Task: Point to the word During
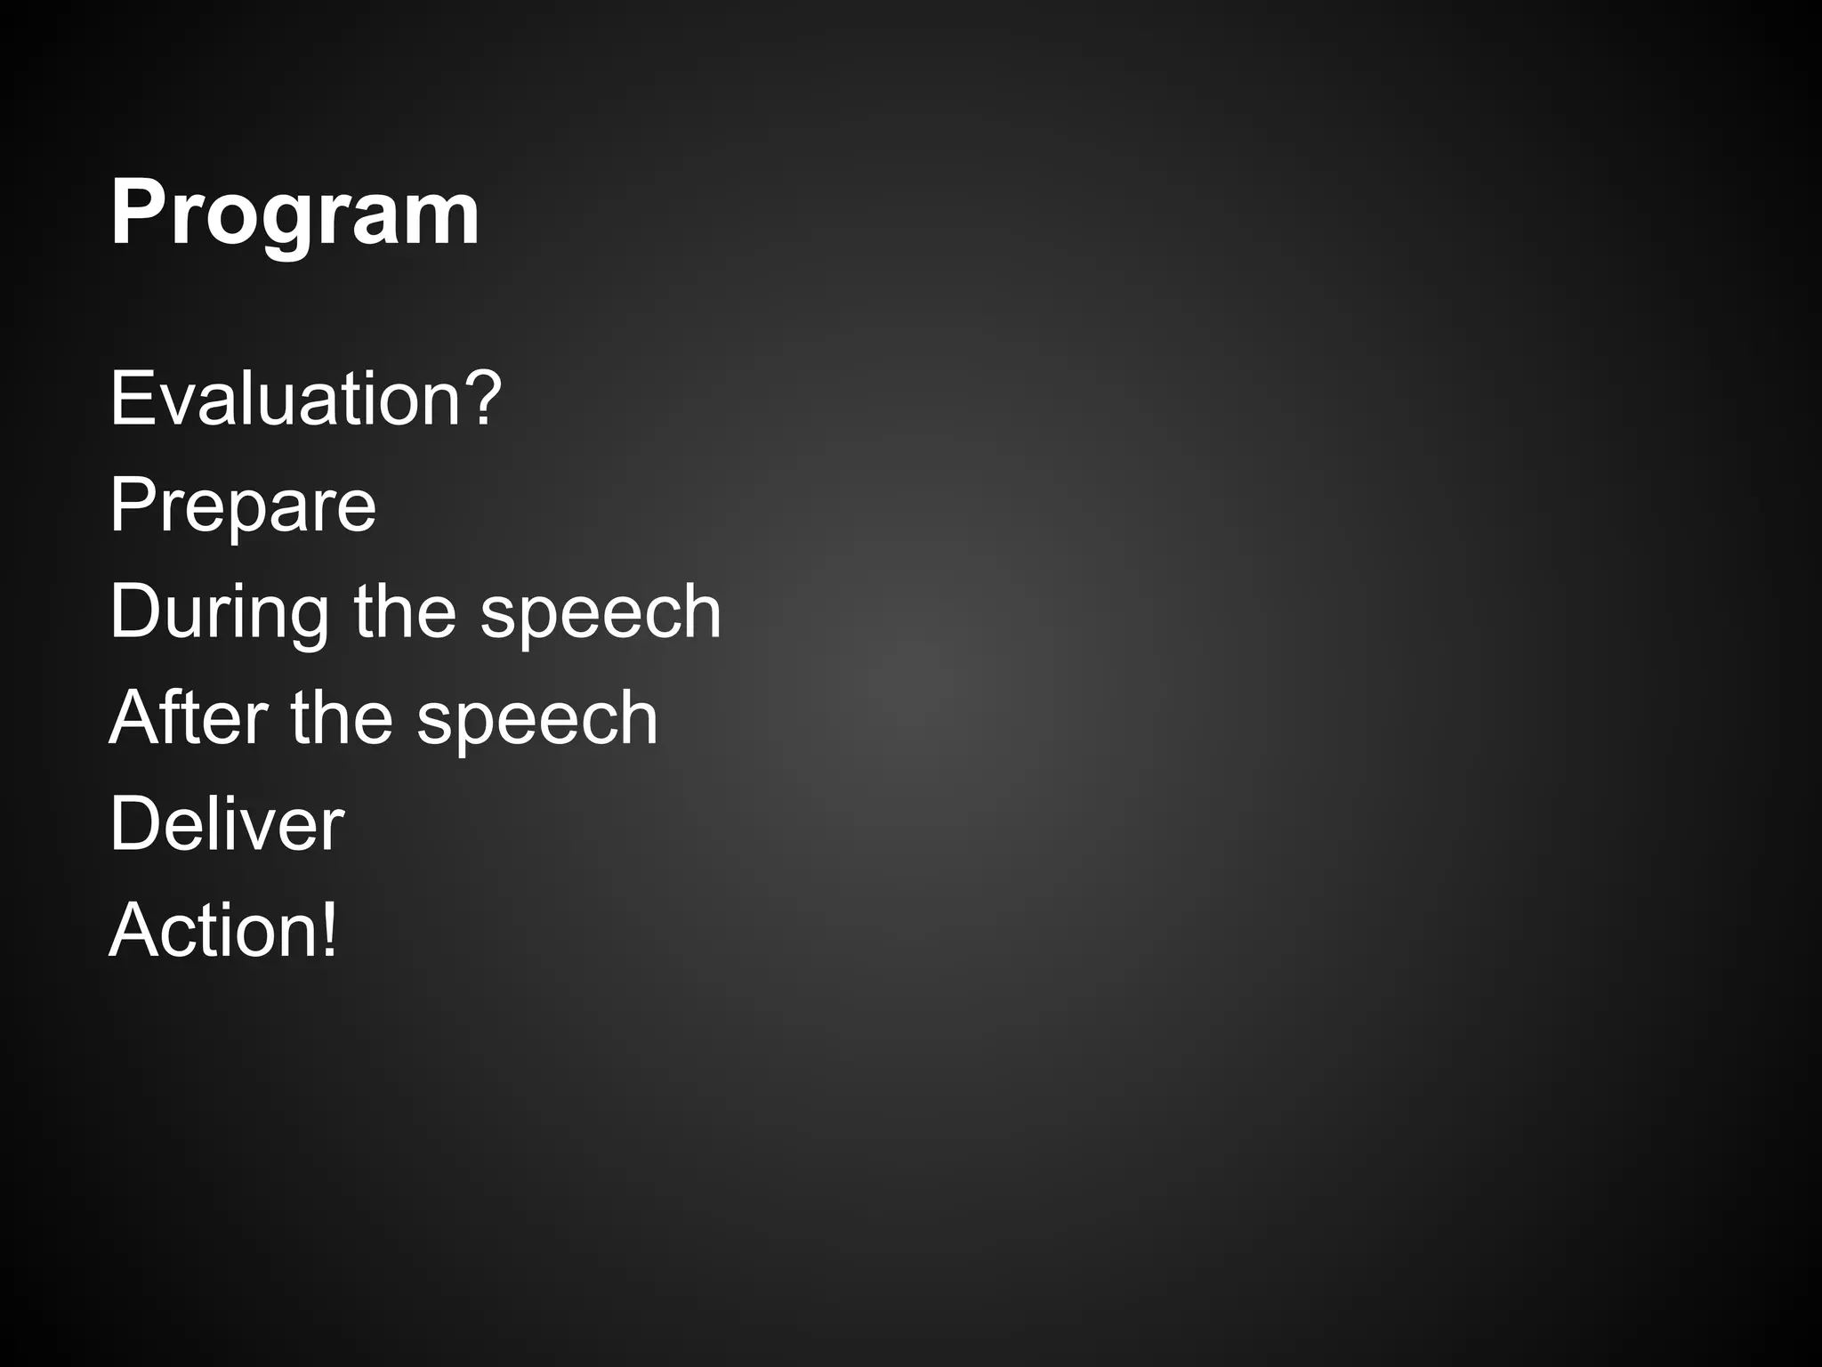[219, 612]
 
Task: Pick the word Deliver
[226, 824]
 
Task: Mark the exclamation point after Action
[330, 930]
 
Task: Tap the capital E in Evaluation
[132, 400]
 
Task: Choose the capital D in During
[136, 612]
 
